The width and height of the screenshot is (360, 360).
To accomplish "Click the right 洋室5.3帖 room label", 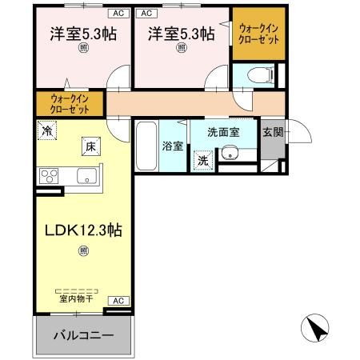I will (181, 34).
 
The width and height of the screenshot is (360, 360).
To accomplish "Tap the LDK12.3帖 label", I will (82, 230).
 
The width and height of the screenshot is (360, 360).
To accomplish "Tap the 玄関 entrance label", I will (273, 132).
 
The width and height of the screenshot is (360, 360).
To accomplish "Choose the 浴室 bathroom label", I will (173, 146).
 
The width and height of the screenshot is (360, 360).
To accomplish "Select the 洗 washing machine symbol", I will (203, 160).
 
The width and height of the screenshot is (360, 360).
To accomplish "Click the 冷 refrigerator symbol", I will (47, 130).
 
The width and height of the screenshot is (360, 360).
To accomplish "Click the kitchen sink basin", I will (85, 176).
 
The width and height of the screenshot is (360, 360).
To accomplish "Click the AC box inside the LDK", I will (117, 301).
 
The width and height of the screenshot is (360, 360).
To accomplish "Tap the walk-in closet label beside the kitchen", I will (68, 102).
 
